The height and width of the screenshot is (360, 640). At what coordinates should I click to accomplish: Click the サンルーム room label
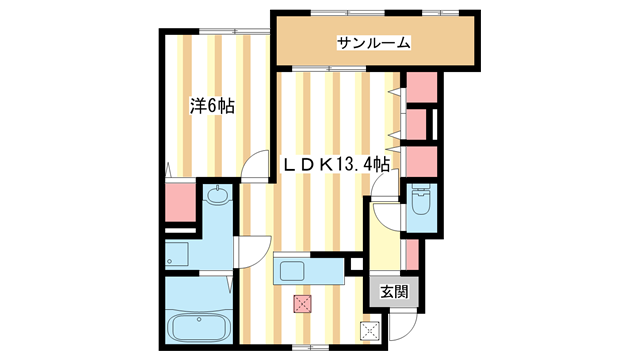point(373,43)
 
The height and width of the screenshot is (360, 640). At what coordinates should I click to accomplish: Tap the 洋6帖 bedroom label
point(212,106)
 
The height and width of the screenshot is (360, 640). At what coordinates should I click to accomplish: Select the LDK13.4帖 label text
point(336,164)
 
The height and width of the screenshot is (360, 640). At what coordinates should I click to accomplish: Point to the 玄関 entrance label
point(394,292)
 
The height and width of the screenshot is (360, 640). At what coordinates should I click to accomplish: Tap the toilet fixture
point(421,199)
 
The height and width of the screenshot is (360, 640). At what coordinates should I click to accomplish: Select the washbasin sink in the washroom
point(218,194)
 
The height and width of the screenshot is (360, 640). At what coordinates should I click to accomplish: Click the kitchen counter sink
point(291,271)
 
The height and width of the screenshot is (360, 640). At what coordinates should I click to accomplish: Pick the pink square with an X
point(302,304)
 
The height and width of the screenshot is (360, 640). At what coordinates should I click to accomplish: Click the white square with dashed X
point(370,331)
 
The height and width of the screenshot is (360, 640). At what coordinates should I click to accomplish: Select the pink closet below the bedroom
point(180,202)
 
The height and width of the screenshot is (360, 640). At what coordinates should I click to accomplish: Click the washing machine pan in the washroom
point(176,254)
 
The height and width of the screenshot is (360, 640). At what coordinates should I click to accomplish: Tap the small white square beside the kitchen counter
point(356,264)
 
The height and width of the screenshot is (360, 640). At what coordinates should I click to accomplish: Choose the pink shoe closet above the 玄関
point(412,255)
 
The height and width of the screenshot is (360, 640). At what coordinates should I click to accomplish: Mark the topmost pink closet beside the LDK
point(422,87)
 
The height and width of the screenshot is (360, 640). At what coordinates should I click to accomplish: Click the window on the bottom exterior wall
point(311,347)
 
